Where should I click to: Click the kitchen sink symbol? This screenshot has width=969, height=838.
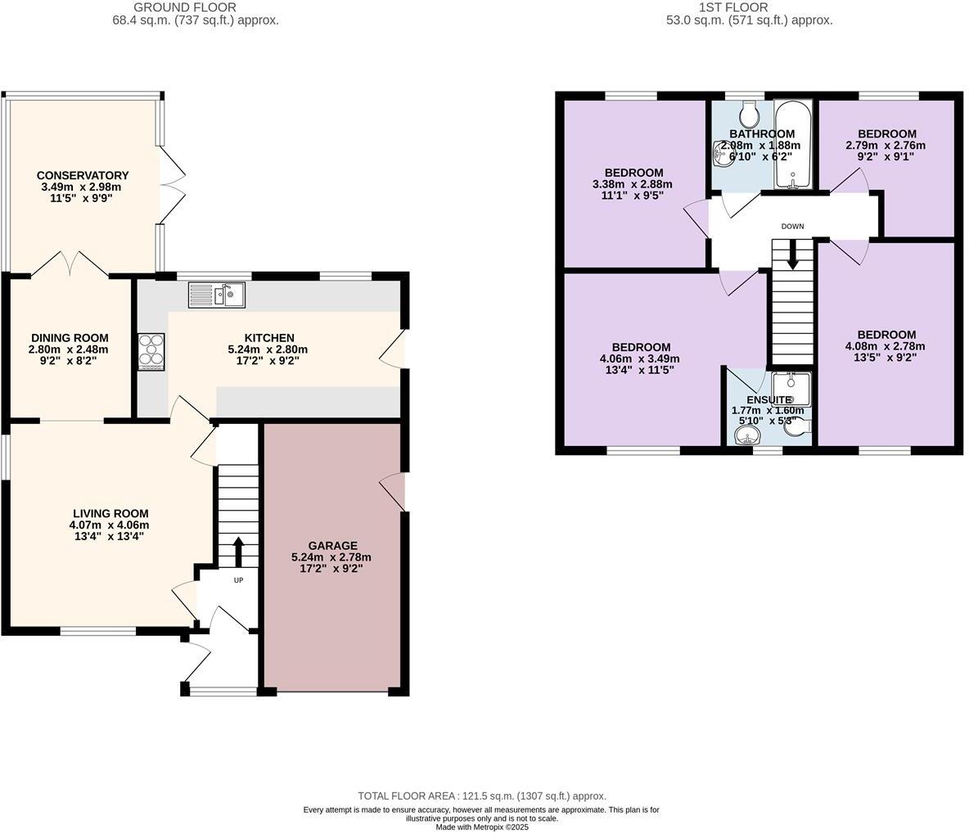pyautogui.click(x=216, y=295)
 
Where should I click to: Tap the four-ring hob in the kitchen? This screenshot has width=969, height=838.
pyautogui.click(x=151, y=353)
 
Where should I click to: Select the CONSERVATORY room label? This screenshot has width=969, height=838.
pyautogui.click(x=83, y=175)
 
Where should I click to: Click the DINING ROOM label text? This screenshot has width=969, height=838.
pyautogui.click(x=70, y=338)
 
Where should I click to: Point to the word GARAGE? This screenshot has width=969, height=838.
pyautogui.click(x=332, y=546)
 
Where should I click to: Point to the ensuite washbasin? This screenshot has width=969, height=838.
pyautogui.click(x=746, y=438)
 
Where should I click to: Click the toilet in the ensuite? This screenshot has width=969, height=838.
pyautogui.click(x=798, y=425)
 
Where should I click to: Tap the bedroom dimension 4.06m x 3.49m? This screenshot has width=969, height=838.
pyautogui.click(x=640, y=358)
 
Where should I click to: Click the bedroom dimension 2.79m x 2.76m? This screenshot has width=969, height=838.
pyautogui.click(x=886, y=146)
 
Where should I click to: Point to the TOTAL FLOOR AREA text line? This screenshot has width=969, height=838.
pyautogui.click(x=482, y=795)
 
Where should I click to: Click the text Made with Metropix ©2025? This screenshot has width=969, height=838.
pyautogui.click(x=482, y=827)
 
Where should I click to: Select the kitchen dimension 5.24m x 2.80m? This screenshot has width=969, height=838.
pyautogui.click(x=268, y=349)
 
